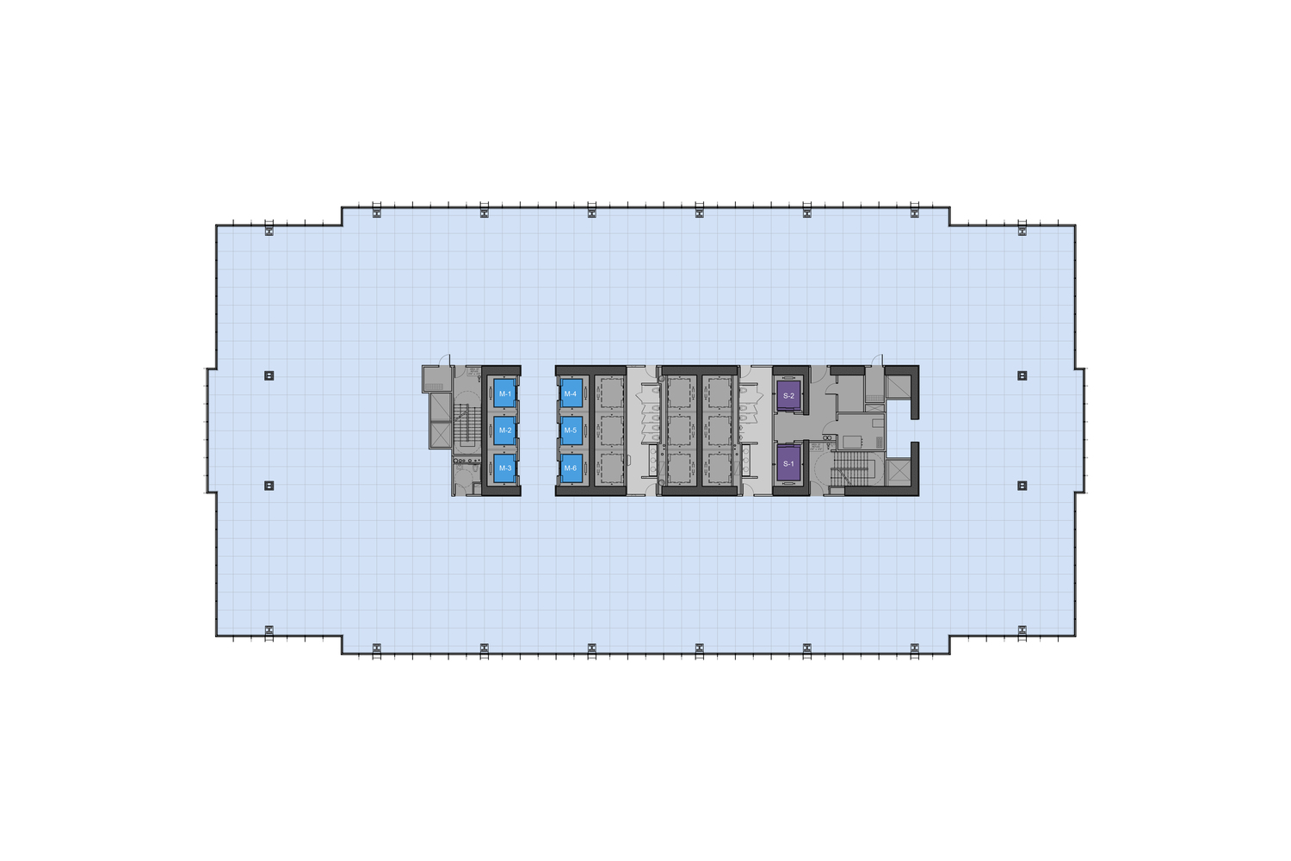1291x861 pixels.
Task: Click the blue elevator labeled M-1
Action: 505,393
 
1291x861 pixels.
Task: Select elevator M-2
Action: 505,430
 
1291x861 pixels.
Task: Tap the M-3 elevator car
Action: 505,468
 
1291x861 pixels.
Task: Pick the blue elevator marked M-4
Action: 571,393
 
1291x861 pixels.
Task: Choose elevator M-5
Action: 571,430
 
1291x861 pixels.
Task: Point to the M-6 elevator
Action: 571,468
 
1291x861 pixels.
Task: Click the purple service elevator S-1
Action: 788,464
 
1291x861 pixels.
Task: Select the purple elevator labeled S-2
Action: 788,395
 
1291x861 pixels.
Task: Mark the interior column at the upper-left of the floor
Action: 269,375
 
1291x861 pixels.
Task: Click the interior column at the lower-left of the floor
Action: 269,486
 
